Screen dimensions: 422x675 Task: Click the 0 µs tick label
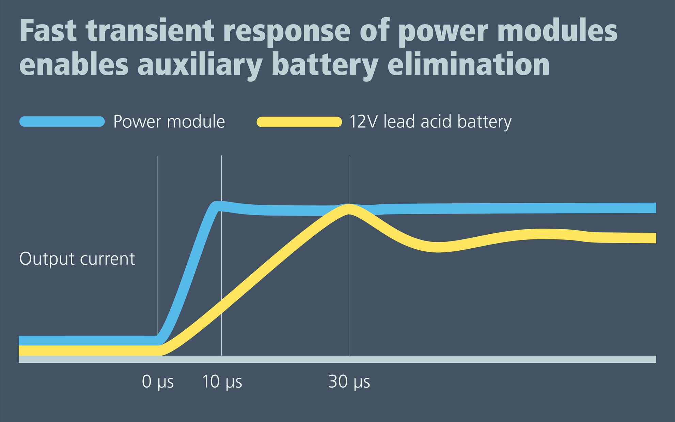coord(158,382)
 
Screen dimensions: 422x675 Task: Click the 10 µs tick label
coord(222,382)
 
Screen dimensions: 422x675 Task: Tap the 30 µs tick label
coord(349,382)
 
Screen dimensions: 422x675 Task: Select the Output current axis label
coord(77,259)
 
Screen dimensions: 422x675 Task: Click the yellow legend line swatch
coord(299,122)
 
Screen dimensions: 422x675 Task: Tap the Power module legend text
coord(169,122)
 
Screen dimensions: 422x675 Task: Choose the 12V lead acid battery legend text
coord(430,122)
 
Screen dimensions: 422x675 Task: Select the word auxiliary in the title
coord(200,65)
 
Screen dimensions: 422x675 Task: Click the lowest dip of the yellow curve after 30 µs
coord(438,247)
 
